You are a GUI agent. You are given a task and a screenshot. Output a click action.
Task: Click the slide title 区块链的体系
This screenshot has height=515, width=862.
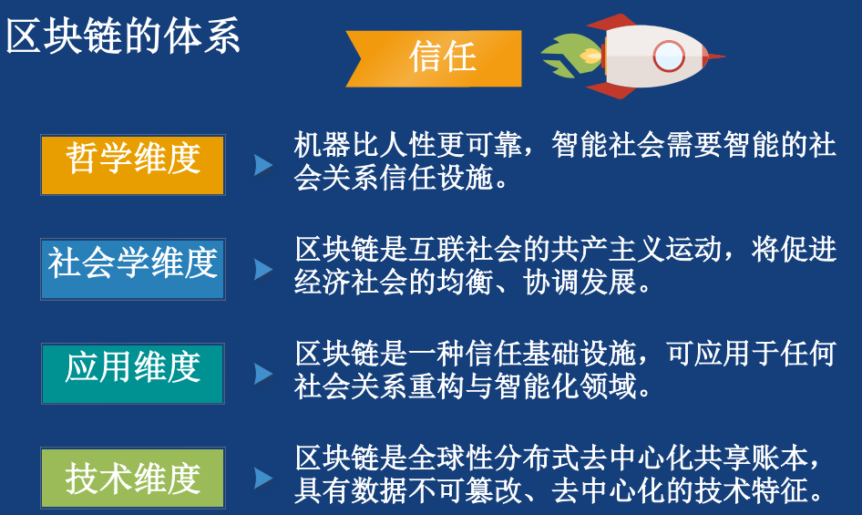124,38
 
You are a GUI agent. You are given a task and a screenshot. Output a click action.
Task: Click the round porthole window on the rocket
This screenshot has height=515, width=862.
668,56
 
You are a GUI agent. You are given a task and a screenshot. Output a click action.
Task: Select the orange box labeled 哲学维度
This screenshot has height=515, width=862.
132,164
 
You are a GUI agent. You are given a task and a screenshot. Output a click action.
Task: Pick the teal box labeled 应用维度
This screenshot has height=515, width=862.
132,373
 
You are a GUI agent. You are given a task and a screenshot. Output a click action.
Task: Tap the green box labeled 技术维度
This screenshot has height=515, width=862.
132,478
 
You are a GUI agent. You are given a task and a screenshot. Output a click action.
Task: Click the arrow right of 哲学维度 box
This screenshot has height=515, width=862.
262,165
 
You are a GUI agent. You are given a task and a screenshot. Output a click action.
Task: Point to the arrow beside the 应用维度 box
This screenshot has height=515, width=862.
262,374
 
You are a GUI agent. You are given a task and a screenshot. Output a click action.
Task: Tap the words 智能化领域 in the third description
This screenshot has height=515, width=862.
580,387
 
